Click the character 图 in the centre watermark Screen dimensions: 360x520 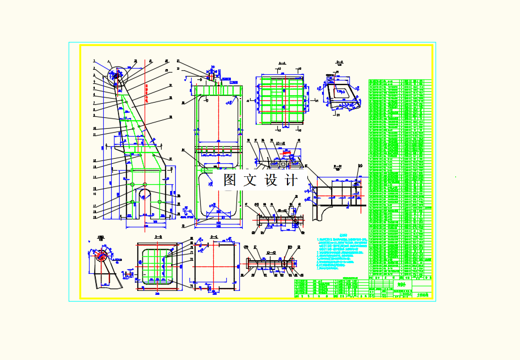point(230,180)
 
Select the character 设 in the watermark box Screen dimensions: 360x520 point(271,180)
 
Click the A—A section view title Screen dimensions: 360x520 point(281,63)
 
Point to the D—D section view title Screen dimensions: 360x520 point(340,62)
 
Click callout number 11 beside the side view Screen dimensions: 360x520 point(95,135)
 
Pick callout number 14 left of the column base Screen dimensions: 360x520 point(95,177)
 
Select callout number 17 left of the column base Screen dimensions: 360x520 point(95,206)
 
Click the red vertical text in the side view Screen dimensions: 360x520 point(147,94)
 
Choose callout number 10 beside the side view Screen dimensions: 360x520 point(95,128)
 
